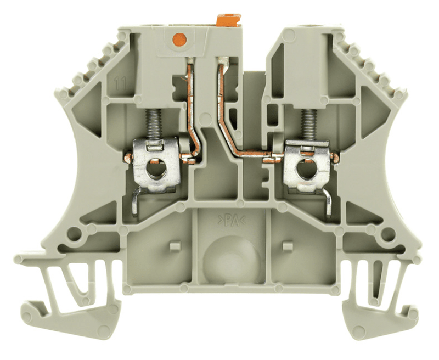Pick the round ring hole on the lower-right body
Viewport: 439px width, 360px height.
388,235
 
